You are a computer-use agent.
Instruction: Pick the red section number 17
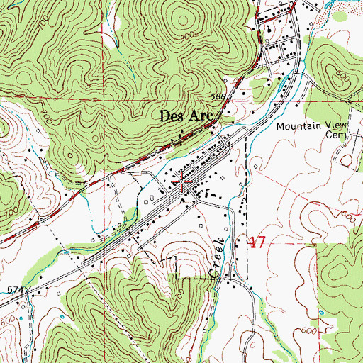(257, 242)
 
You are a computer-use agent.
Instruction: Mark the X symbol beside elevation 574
(30, 291)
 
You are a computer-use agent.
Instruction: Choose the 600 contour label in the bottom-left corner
(9, 320)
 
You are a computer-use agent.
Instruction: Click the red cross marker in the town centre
(185, 183)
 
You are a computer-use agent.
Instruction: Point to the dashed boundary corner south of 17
(246, 278)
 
